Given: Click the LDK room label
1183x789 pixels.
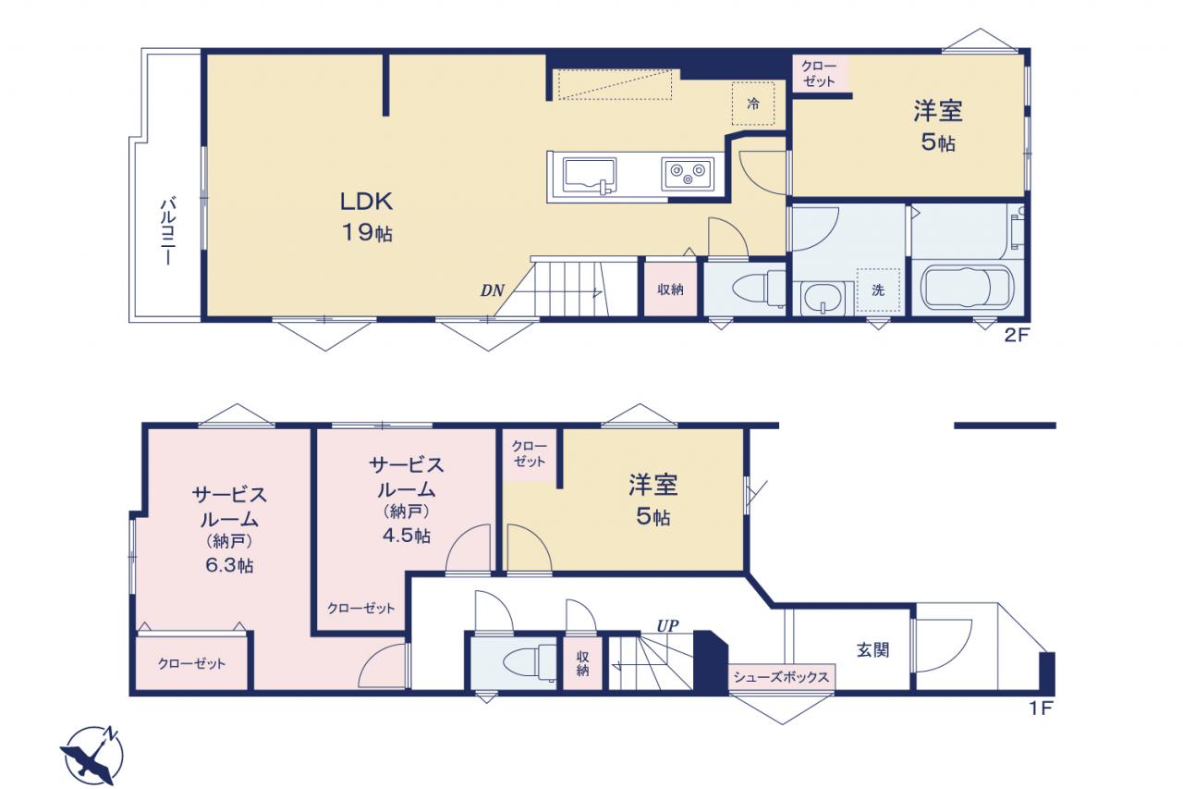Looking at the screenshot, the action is coord(366,202).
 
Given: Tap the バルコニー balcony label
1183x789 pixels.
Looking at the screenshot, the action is coord(168,230).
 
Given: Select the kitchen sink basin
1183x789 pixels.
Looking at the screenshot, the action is coord(590,176).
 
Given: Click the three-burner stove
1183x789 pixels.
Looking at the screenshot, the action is coord(687,174).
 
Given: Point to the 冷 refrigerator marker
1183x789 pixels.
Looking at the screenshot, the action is coord(753,105).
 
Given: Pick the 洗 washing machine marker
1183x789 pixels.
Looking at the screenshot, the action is coord(878,290).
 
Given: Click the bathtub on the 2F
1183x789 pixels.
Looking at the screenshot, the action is coord(967,288).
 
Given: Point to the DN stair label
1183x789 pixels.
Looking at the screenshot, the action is coord(492,290).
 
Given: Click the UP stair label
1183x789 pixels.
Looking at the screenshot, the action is coord(667,625).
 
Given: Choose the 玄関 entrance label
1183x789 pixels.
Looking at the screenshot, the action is coord(872,649).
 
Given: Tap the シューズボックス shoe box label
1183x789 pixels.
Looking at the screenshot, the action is coord(781,677).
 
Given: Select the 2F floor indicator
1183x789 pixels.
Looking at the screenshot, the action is coord(1017,336).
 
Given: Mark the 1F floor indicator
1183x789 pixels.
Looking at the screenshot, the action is coord(1042,709).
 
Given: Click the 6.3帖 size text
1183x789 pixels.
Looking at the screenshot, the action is coord(229,565).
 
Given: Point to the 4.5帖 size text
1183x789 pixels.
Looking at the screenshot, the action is coord(406,536).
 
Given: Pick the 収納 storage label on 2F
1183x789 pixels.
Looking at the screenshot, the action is coord(670,290).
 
